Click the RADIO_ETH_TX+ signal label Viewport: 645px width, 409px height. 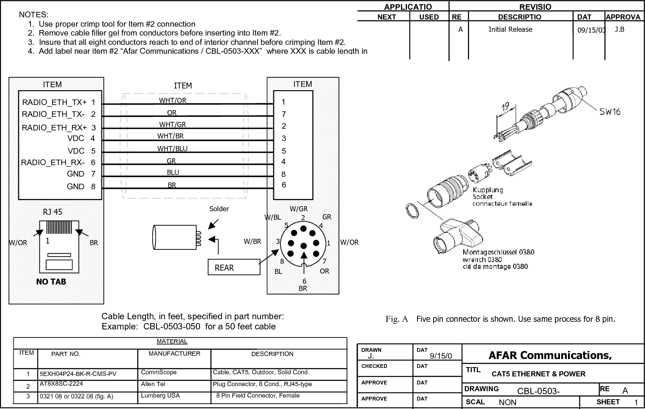tap(54, 102)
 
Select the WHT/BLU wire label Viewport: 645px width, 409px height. tap(172, 149)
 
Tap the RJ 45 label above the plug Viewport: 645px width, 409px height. tap(52, 212)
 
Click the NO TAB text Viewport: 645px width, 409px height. tap(51, 282)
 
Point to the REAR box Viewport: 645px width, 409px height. tap(233, 268)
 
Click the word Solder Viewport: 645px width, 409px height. tap(219, 209)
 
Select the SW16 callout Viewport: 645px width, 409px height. tap(609, 112)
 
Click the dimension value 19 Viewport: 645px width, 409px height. tap(505, 107)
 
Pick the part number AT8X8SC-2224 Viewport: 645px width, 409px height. tap(61, 384)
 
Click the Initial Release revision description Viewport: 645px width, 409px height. tap(510, 29)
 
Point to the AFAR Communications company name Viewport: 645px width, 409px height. tap(550, 355)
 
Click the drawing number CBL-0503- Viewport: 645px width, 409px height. tap(538, 391)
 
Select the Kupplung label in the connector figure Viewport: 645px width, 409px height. tap(488, 190)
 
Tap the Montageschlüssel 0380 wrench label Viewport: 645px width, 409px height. tap(498, 252)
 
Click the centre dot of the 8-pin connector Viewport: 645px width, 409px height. tap(303, 246)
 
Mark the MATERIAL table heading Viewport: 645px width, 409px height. tap(172, 341)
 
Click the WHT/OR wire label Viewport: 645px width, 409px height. tap(173, 100)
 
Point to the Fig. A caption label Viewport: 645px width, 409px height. tap(396, 319)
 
